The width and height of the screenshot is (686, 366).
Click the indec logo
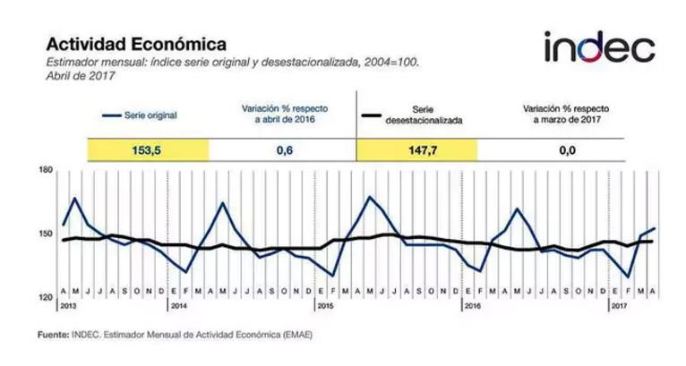[x=598, y=47]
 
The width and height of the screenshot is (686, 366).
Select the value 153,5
[x=147, y=151]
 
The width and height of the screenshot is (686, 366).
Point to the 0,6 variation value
[x=283, y=151]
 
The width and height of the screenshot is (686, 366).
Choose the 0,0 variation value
[x=566, y=151]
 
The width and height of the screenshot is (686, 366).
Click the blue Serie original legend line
[x=112, y=115]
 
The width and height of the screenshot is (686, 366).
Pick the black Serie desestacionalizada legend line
[x=373, y=115]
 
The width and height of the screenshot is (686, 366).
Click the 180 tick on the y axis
[x=46, y=169]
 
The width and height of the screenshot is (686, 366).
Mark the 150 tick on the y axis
[x=46, y=234]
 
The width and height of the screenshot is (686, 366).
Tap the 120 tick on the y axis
[x=46, y=298]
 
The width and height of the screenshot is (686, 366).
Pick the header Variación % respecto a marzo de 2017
[x=565, y=113]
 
